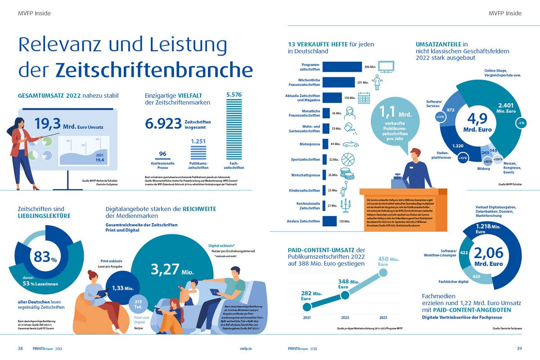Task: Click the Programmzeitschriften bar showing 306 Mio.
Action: (x=342, y=67)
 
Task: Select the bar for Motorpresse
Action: (x=325, y=144)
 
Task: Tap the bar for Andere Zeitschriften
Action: (x=330, y=221)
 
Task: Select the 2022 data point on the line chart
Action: (x=346, y=295)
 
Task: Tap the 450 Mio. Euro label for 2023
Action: (x=388, y=261)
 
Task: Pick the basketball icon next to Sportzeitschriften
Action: (x=349, y=160)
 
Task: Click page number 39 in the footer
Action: (x=519, y=348)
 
